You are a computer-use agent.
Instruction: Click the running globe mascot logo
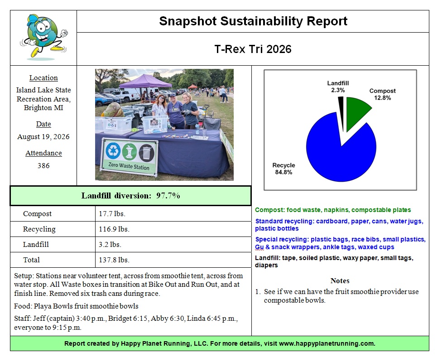44,37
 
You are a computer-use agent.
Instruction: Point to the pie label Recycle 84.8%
283,169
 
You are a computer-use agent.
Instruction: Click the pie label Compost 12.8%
382,94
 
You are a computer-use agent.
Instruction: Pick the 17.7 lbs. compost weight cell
112,214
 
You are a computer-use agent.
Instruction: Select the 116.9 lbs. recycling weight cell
114,229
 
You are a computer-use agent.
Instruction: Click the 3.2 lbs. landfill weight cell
110,244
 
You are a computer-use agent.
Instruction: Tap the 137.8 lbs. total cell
114,260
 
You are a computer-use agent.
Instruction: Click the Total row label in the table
32,260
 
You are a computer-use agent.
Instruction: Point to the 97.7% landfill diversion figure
168,196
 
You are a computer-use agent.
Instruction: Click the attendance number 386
43,166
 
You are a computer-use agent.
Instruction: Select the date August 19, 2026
43,137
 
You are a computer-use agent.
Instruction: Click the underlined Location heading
43,78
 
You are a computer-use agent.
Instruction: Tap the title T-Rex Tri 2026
253,49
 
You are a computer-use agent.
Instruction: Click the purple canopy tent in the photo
145,81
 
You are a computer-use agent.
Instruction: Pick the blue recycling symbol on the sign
113,150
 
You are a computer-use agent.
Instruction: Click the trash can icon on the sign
146,152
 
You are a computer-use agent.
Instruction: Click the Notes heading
340,280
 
